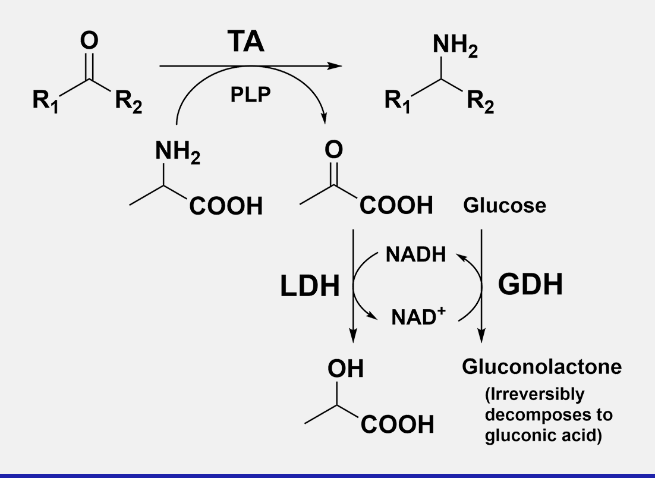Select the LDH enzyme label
click(310, 287)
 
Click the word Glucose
click(504, 206)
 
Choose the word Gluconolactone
click(541, 366)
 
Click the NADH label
click(415, 254)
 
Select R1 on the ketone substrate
click(45, 101)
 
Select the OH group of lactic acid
click(345, 369)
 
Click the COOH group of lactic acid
click(396, 425)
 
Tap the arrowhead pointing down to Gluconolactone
click(481, 337)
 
